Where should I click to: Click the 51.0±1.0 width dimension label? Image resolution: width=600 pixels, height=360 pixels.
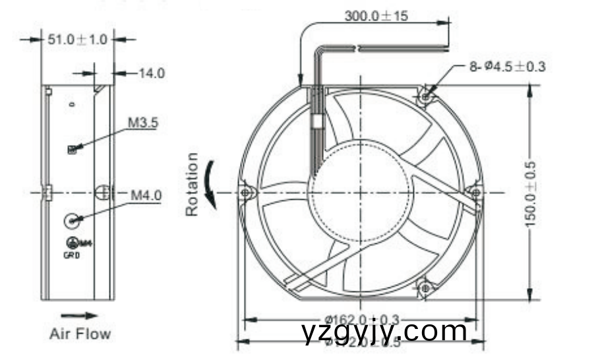click(77, 40)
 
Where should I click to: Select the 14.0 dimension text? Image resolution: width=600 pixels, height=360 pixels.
click(151, 73)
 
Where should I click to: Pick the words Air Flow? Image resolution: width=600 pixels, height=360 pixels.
click(80, 334)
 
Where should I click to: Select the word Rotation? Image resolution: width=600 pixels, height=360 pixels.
click(192, 185)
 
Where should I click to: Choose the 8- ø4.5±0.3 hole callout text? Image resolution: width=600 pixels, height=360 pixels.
click(507, 66)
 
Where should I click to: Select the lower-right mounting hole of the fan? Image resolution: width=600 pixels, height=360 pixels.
click(425, 288)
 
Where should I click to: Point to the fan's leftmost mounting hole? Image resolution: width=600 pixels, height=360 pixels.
click(246, 193)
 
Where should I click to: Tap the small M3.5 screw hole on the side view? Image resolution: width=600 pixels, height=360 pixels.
click(72, 150)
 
